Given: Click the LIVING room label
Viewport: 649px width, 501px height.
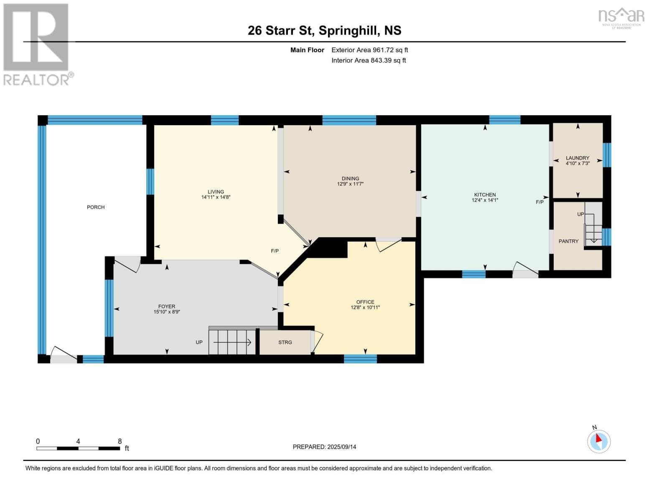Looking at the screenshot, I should (216, 192).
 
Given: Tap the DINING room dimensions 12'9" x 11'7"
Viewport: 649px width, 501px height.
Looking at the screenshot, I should (350, 184).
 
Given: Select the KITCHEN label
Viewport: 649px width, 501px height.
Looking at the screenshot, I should (485, 195).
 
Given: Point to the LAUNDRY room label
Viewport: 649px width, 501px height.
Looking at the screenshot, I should (577, 158).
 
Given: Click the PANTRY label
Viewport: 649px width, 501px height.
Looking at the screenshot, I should (568, 241).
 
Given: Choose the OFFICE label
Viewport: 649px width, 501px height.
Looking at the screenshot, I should (365, 302).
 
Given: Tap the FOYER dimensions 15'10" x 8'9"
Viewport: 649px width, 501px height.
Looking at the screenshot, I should (166, 311).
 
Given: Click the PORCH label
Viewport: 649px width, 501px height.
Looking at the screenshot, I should (96, 207).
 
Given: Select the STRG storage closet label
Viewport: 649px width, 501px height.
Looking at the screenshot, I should (285, 342).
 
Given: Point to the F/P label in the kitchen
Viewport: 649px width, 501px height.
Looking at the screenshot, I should (540, 202).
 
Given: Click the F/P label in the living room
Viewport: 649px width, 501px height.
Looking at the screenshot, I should (275, 251).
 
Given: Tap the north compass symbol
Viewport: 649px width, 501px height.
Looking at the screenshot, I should (599, 441).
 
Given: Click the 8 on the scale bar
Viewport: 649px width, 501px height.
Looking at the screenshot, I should (120, 441).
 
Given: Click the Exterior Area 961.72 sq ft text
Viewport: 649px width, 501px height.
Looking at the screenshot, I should (369, 50).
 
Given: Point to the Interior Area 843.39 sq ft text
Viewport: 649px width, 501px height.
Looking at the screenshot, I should (369, 61).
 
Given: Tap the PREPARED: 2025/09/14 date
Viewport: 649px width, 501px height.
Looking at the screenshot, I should (324, 447).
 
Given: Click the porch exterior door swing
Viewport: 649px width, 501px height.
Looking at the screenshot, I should (64, 354).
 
